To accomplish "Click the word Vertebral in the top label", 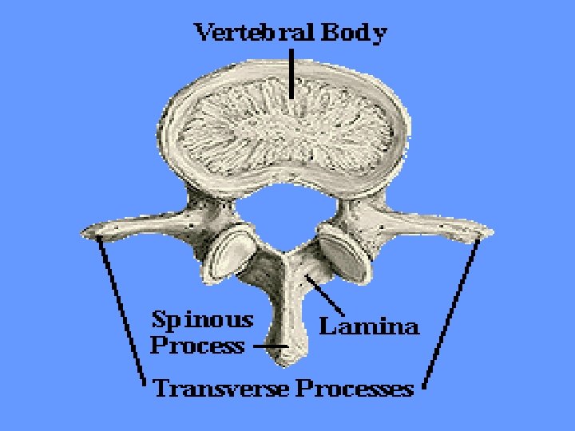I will (255, 34).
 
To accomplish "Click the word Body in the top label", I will (355, 34).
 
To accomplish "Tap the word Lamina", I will (369, 326).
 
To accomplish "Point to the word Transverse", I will (221, 389).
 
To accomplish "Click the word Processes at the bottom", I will (355, 389).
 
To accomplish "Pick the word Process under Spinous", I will (197, 346).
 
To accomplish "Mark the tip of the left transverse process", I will (87, 232).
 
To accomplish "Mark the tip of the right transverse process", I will (488, 231).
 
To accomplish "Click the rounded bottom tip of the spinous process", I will (287, 359).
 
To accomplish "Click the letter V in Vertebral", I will (204, 34).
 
